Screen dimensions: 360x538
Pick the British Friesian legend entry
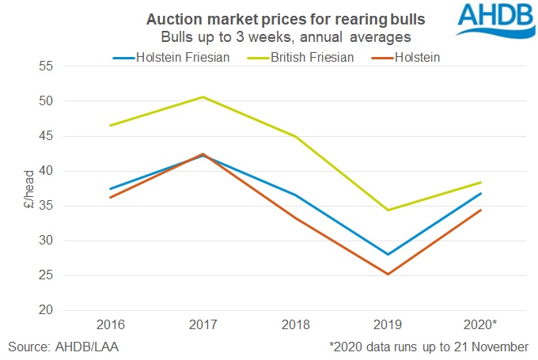point(297,57)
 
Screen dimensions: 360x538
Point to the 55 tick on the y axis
point(45,66)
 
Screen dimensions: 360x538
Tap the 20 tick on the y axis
point(45,310)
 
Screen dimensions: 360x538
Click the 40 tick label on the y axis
point(45,171)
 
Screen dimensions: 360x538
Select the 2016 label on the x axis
point(111,325)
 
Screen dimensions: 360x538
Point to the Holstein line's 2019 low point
point(388,275)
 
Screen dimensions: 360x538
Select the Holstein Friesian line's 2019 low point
point(388,255)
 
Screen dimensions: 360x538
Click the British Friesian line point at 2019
point(388,210)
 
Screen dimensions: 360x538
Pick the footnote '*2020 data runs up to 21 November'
point(429,347)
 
